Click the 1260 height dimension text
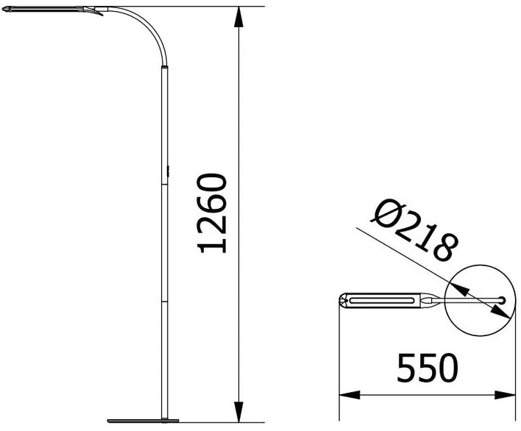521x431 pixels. pyautogui.click(x=212, y=213)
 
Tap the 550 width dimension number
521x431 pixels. pyautogui.click(x=428, y=368)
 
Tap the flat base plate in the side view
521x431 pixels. pyautogui.click(x=143, y=421)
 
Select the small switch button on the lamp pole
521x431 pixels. pyautogui.click(x=169, y=171)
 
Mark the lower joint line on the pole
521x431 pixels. pyautogui.click(x=165, y=301)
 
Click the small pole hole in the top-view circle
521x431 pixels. pyautogui.click(x=502, y=299)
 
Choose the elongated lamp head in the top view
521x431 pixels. pyautogui.click(x=383, y=300)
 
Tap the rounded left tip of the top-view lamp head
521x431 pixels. pyautogui.click(x=342, y=300)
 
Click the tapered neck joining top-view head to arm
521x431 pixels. pyautogui.click(x=434, y=300)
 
